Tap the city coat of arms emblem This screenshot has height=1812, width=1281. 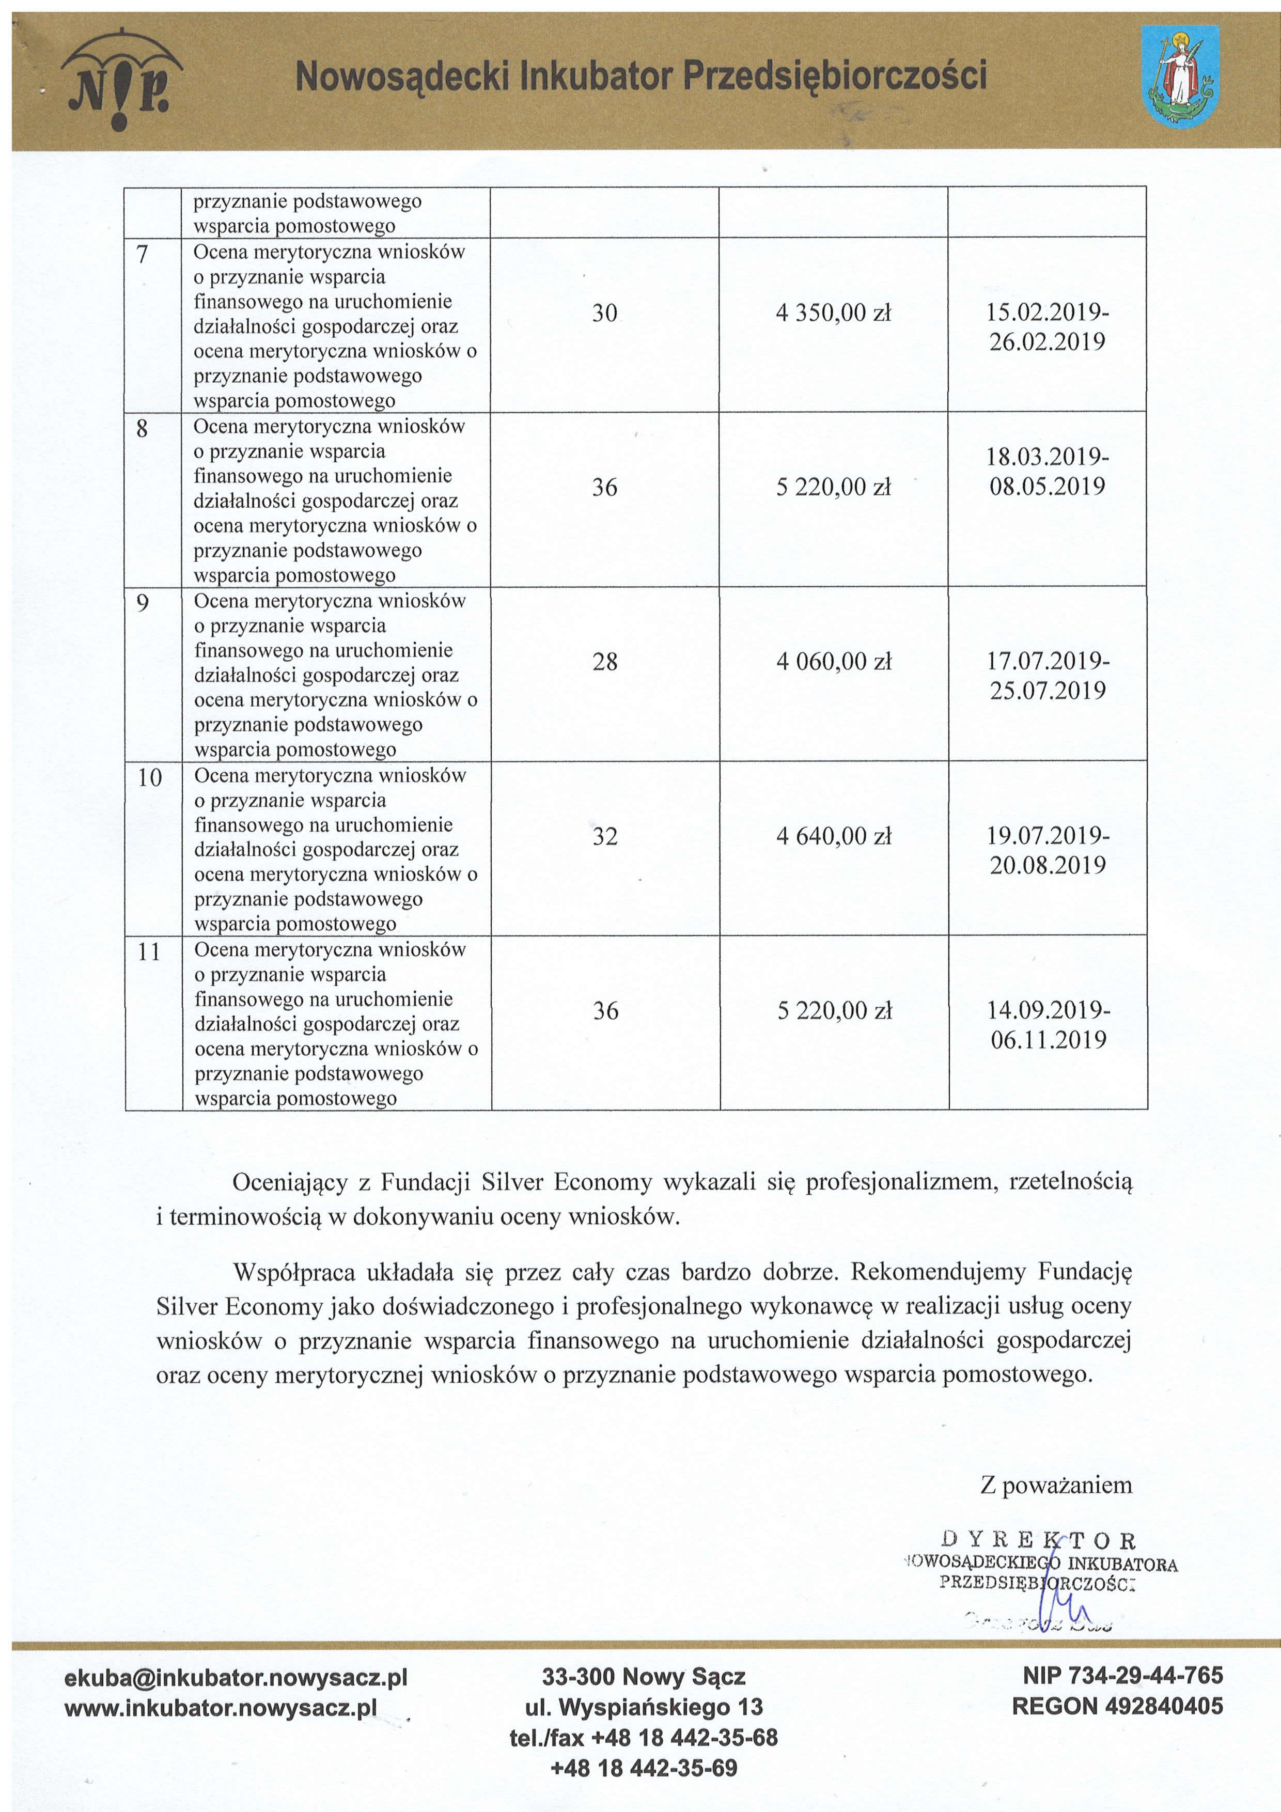(1180, 76)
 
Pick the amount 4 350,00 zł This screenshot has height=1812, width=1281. (834, 314)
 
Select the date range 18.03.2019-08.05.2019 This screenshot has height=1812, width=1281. (1048, 471)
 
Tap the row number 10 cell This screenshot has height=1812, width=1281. (149, 778)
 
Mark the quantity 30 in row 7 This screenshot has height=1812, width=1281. (604, 314)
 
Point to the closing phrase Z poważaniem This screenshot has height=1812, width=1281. (1056, 1485)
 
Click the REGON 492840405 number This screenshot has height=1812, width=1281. (1117, 1706)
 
